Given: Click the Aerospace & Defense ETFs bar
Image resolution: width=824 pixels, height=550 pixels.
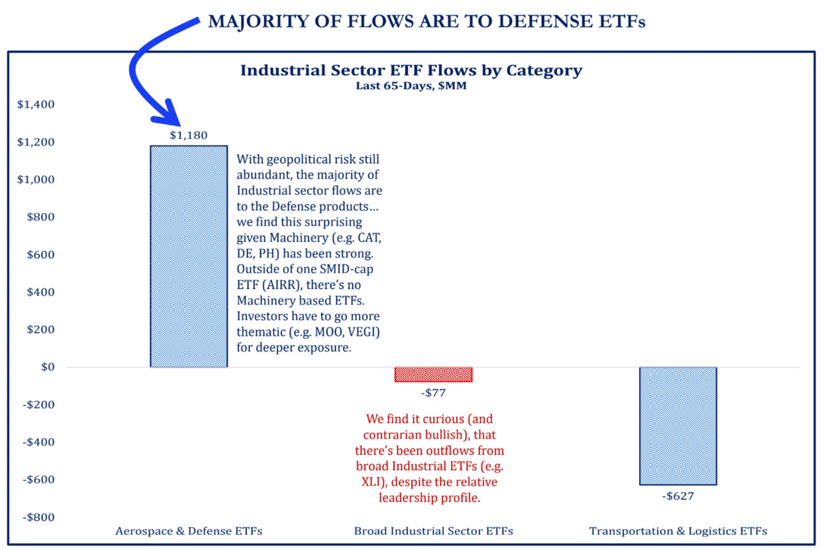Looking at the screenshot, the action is tap(188, 256).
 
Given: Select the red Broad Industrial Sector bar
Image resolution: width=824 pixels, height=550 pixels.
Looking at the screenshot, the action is tap(433, 374).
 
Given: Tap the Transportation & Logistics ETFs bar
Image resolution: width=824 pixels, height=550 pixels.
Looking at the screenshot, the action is tap(678, 426).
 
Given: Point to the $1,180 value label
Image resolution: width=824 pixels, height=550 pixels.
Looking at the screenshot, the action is tap(188, 135).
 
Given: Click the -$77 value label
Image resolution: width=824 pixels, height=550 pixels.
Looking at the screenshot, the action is tap(433, 393).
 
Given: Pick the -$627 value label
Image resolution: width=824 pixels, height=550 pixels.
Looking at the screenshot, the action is tap(678, 496).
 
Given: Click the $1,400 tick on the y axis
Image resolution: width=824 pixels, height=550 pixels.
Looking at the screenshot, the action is tap(36, 105).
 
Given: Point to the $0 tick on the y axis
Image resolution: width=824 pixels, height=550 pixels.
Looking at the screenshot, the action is tap(47, 367).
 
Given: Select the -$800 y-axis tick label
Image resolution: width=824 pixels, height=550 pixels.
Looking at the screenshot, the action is tap(39, 517).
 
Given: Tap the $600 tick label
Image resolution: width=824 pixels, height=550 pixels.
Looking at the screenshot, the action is tap(41, 255).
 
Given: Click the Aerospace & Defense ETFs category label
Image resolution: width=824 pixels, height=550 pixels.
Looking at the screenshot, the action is tap(188, 531).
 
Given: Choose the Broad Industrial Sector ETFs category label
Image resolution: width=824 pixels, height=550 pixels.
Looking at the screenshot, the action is tap(433, 531).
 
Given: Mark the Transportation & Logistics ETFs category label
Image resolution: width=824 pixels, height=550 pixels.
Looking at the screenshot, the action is tap(678, 531).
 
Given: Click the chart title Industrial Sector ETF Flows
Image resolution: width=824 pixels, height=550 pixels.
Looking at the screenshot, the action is tap(411, 70).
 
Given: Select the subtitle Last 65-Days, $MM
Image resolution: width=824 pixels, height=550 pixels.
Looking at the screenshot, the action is tap(411, 86).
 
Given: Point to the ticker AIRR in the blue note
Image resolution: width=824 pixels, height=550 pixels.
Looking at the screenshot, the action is tap(278, 285).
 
